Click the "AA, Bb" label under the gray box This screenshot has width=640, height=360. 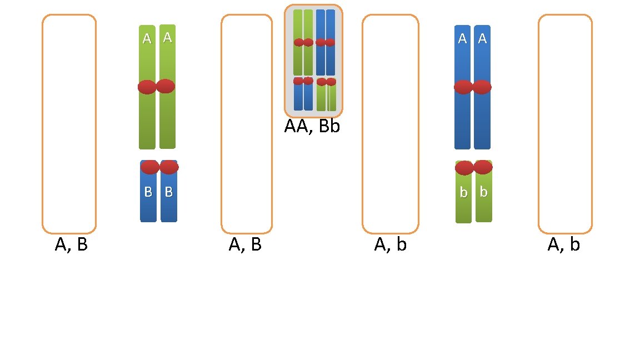(312, 126)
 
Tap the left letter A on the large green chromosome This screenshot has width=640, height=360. (147, 38)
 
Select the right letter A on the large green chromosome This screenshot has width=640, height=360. (167, 37)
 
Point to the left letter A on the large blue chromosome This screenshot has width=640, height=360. (462, 39)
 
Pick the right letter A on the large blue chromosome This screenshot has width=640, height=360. (482, 39)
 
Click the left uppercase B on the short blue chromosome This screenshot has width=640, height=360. (148, 192)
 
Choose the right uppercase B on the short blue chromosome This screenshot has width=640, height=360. (169, 192)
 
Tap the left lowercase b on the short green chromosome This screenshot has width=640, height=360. (463, 193)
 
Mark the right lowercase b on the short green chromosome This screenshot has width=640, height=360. (483, 192)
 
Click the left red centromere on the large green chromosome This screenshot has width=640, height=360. (147, 87)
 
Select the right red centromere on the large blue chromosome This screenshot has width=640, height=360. (482, 87)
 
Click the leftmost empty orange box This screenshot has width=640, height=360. (69, 124)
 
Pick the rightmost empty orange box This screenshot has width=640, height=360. (565, 124)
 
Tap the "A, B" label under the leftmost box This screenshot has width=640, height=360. (71, 245)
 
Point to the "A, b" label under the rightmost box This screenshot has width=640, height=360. (563, 245)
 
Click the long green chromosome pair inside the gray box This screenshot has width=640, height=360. (303, 42)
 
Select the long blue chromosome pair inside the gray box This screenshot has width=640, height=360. (326, 42)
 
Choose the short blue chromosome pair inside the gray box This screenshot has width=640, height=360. (303, 93)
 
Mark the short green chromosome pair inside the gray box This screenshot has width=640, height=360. (327, 94)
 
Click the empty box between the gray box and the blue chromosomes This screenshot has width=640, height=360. (390, 124)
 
